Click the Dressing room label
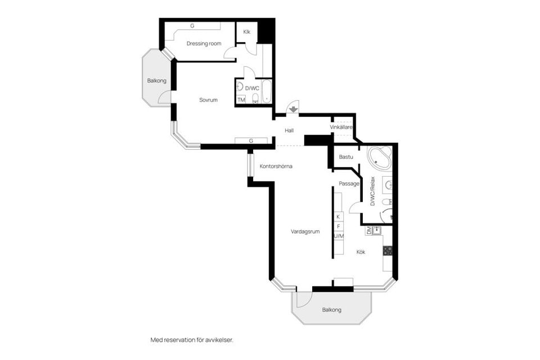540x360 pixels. click(204, 44)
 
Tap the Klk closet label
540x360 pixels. click(246, 32)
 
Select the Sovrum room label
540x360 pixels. click(208, 100)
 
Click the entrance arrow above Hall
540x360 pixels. click(293, 110)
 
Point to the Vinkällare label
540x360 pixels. click(341, 128)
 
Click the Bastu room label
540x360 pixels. click(346, 157)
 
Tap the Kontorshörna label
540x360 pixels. click(276, 166)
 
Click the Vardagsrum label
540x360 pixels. click(305, 232)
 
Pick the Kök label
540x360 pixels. click(361, 252)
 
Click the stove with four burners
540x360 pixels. click(388, 250)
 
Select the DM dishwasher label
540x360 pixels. click(369, 231)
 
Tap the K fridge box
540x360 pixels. click(338, 217)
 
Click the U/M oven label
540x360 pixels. click(339, 236)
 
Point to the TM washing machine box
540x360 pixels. click(241, 100)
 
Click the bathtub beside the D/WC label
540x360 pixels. click(267, 91)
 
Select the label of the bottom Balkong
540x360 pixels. click(332, 310)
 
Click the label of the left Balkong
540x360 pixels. click(157, 81)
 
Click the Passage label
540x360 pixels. click(349, 184)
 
